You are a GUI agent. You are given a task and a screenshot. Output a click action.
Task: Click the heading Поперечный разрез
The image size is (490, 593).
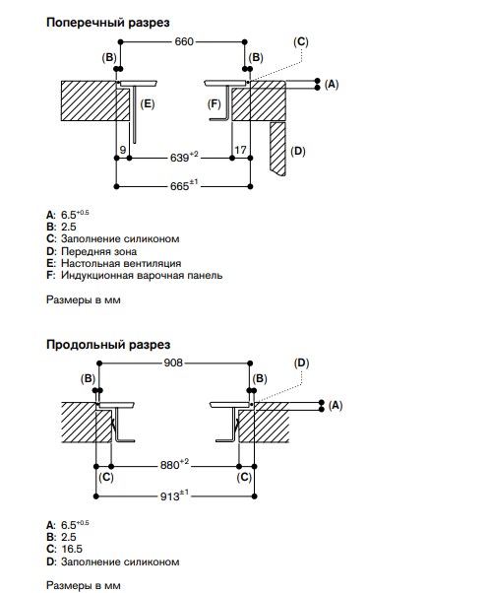click(x=107, y=23)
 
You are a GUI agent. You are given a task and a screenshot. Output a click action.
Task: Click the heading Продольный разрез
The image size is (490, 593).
click(x=108, y=345)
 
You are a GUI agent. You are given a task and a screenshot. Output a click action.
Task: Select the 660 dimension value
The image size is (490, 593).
click(x=184, y=41)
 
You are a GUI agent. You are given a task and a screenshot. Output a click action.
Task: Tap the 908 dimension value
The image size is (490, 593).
click(x=173, y=362)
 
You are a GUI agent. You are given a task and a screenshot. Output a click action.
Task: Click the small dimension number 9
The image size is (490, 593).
click(x=123, y=150)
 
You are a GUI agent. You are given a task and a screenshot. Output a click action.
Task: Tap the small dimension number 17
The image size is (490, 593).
click(x=240, y=150)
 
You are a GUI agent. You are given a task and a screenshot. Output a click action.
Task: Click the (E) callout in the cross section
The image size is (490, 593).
click(x=148, y=103)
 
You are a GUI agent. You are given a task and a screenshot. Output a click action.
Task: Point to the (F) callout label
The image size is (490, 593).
click(x=214, y=103)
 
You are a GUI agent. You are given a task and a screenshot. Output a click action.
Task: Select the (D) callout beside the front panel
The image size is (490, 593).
click(x=298, y=152)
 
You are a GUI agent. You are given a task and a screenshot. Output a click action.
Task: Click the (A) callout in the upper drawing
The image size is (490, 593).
click(x=332, y=84)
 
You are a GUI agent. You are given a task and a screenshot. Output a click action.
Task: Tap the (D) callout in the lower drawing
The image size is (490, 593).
click(x=301, y=363)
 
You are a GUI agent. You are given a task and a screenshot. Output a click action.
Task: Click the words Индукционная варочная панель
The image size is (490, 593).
click(x=142, y=276)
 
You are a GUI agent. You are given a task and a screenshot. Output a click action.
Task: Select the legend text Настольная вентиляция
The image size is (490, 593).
click(x=121, y=263)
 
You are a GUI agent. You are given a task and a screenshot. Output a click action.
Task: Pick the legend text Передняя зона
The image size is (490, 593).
click(x=99, y=251)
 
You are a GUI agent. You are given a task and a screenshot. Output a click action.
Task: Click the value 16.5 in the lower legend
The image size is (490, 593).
click(x=72, y=549)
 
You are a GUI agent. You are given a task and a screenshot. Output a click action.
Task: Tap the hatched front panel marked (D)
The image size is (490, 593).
click(x=277, y=148)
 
